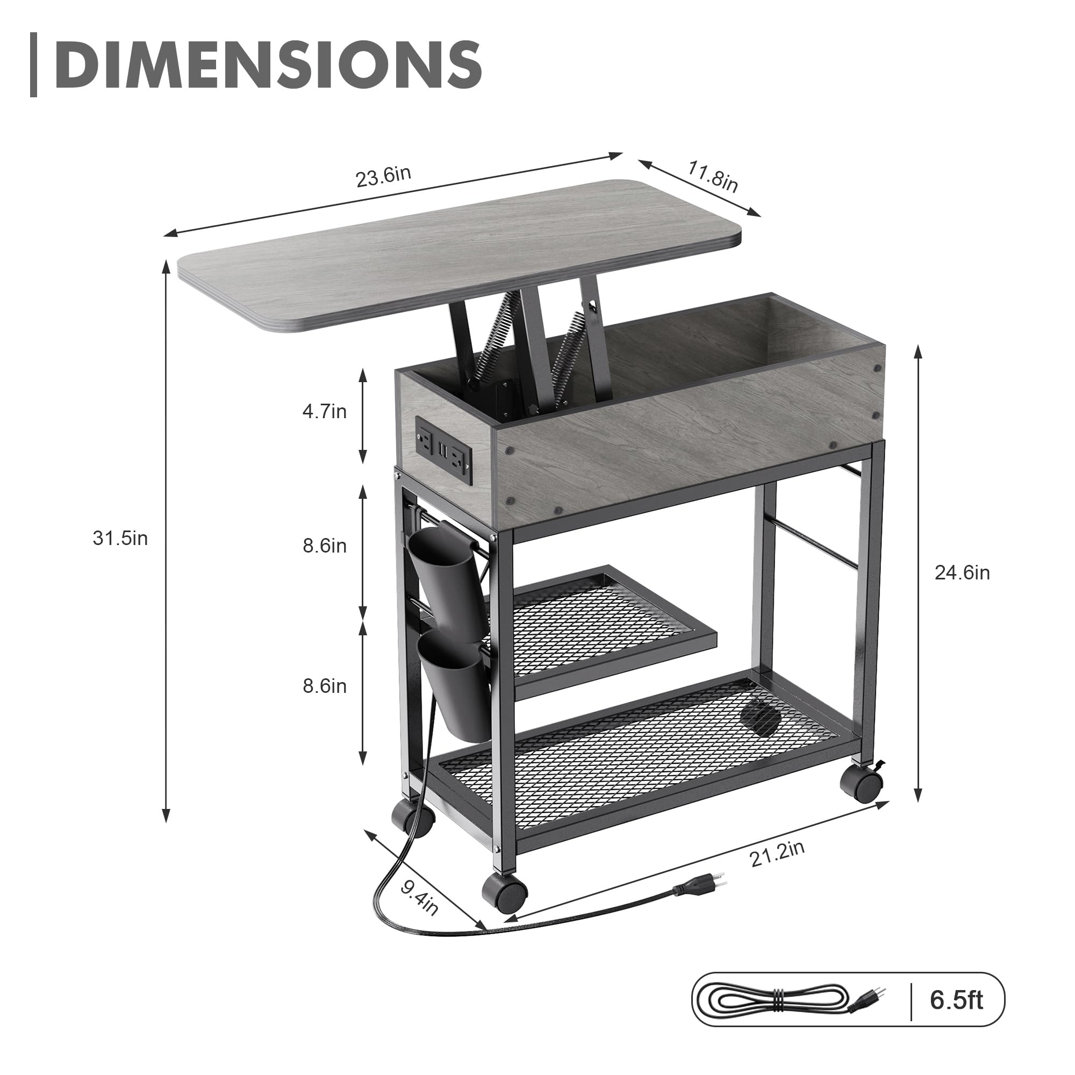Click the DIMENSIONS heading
[267, 64]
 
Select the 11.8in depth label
[713, 176]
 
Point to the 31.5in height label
[120, 538]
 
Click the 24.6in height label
[962, 572]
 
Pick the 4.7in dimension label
[325, 411]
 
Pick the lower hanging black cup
[455, 689]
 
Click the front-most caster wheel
[504, 891]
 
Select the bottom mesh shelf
[640, 746]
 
